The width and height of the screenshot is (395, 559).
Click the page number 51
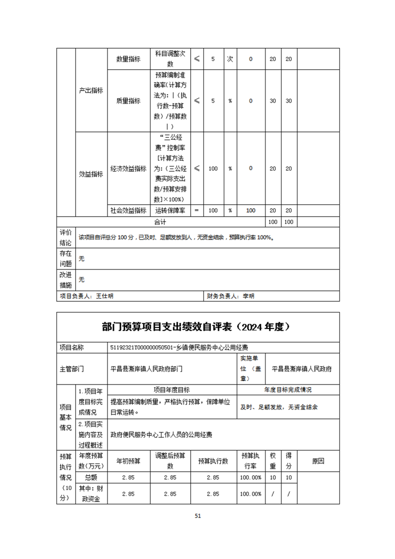[198, 516]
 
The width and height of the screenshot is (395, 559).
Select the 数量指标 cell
[128, 59]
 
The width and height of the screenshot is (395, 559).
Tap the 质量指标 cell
[128, 101]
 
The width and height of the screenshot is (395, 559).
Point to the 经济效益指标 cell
[128, 168]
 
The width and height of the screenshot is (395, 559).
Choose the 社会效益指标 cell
[128, 210]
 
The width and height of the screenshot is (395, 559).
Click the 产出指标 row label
[91, 91]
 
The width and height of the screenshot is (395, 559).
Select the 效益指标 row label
[91, 174]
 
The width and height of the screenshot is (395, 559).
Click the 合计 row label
[160, 221]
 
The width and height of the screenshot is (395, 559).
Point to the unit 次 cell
[230, 59]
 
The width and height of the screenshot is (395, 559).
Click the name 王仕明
[105, 296]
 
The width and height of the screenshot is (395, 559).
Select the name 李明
[248, 296]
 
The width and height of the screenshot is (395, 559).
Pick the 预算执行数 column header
[213, 461]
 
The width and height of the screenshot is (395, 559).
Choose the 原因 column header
[318, 461]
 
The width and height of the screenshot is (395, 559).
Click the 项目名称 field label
[72, 348]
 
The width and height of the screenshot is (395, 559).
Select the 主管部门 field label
[72, 369]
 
